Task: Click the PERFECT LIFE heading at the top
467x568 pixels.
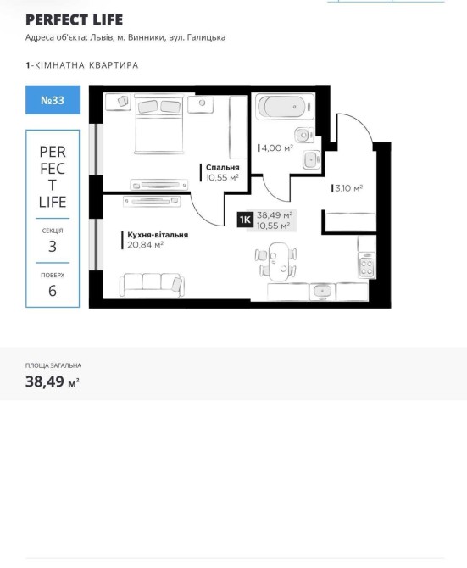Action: [x=75, y=20]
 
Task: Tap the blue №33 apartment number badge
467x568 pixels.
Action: [x=53, y=100]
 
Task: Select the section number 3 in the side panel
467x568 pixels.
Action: [x=53, y=247]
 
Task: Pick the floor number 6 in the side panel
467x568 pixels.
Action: [x=53, y=291]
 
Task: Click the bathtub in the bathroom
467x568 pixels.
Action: [x=285, y=106]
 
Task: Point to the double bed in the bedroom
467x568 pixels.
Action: [x=159, y=124]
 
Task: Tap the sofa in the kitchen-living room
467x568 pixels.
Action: [x=152, y=285]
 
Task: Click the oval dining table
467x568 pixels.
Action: [x=278, y=262]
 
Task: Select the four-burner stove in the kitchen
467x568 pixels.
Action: [x=366, y=265]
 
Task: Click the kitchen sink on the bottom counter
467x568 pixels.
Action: [x=322, y=291]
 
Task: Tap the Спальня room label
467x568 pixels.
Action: [x=223, y=167]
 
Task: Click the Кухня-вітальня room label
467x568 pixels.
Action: [x=158, y=235]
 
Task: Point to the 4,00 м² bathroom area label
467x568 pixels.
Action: [x=277, y=148]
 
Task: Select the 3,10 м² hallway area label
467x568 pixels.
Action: [x=349, y=188]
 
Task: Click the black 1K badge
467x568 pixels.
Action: [x=245, y=220]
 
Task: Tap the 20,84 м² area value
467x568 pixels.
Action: [x=145, y=245]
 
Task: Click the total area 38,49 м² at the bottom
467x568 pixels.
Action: [x=53, y=381]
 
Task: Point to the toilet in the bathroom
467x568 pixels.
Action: [x=303, y=135]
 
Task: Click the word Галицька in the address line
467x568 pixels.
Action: [x=206, y=37]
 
